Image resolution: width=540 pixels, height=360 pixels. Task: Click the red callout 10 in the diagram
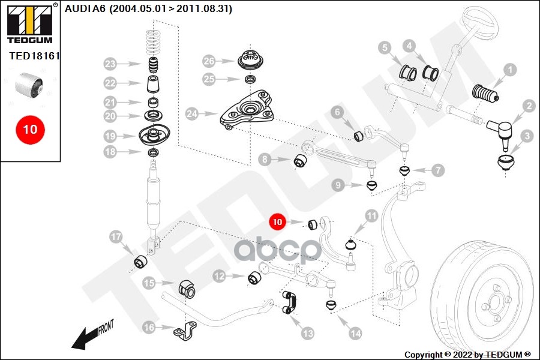tap(277, 222)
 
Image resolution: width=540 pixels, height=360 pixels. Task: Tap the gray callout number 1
tap(509, 70)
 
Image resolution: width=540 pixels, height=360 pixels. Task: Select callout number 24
tap(192, 113)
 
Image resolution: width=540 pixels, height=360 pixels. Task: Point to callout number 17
tap(116, 237)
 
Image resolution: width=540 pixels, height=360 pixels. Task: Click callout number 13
tap(307, 332)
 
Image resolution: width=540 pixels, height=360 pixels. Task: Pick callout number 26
tap(208, 61)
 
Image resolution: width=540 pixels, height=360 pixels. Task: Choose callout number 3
tap(526, 136)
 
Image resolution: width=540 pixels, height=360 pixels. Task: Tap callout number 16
tap(148, 327)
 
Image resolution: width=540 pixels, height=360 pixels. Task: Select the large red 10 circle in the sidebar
tap(30, 129)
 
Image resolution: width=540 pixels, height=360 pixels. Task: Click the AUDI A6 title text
tap(148, 9)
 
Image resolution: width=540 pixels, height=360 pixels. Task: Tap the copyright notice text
tap(467, 354)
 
